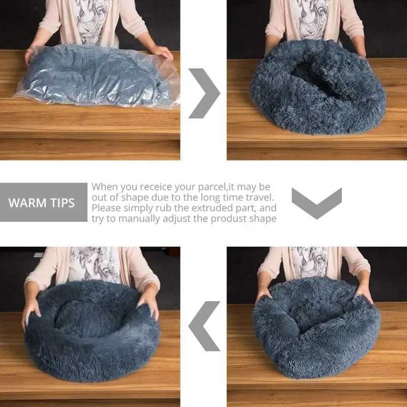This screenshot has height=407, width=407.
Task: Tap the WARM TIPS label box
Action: (x=42, y=202)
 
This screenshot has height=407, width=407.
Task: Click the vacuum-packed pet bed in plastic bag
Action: (x=97, y=76)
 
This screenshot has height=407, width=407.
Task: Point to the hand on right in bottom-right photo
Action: (x=364, y=291)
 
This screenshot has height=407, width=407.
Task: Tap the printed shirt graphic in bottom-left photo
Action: (x=94, y=265)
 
